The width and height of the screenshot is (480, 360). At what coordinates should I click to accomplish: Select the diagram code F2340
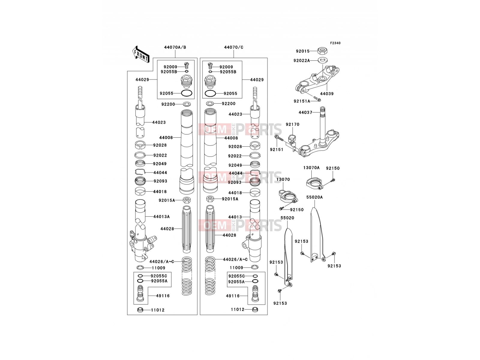coord(335,43)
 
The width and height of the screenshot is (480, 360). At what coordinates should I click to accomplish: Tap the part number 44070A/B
coord(175,47)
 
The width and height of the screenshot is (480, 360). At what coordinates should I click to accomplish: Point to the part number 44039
coord(327,94)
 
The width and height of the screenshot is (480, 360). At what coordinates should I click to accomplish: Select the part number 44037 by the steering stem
coord(305,112)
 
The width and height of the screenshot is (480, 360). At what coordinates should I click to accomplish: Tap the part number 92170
coord(292,124)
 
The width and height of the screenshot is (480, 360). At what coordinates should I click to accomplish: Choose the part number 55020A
coord(314,197)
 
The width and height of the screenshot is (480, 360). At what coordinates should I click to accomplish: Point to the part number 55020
coord(287,218)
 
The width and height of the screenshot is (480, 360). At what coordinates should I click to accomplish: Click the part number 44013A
coord(161,217)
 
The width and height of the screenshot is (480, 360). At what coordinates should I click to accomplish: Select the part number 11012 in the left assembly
coord(158,310)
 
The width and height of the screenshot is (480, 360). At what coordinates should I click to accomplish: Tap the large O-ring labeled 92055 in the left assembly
coord(187,93)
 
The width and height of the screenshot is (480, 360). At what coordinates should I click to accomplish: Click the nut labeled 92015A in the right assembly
coord(210,199)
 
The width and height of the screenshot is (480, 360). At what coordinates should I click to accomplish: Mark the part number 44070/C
coord(233,47)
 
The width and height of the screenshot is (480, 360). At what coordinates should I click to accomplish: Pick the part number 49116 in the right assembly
coord(233,296)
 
